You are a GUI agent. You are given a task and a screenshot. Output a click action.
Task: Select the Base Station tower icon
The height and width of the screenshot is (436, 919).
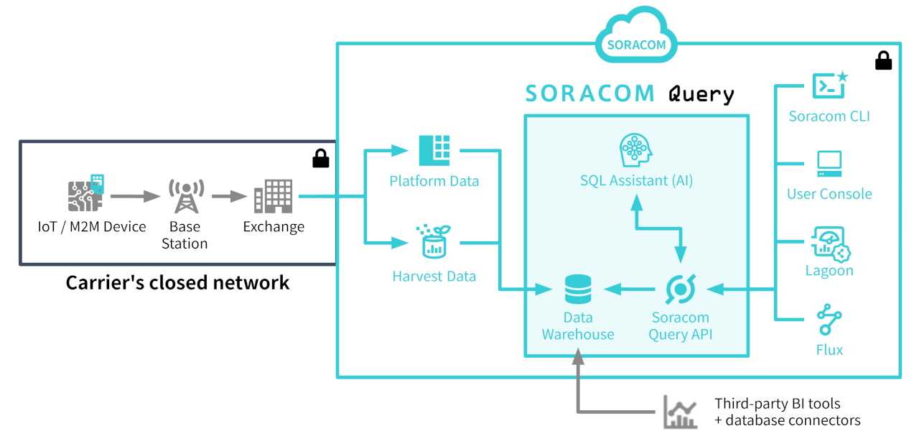click(185, 196)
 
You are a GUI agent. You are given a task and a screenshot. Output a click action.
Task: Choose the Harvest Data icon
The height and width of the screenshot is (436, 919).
click(434, 242)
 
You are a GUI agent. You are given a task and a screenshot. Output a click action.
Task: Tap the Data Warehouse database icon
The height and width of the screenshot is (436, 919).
click(578, 289)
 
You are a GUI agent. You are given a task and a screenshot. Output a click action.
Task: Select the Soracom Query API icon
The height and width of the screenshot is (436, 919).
click(680, 289)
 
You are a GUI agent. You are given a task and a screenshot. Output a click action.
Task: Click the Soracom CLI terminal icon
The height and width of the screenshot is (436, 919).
click(829, 86)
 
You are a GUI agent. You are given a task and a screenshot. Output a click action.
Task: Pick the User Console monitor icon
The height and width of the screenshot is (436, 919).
click(829, 164)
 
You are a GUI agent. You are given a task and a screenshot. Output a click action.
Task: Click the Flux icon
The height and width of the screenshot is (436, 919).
click(829, 320)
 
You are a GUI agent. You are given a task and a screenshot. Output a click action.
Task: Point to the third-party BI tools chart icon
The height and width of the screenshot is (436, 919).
click(679, 412)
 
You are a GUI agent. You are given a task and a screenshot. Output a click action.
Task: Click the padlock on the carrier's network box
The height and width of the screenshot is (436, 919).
click(321, 158)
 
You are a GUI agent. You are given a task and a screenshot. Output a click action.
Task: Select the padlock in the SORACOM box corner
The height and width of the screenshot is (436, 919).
click(883, 62)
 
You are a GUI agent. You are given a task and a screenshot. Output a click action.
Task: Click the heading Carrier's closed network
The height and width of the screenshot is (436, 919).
click(177, 283)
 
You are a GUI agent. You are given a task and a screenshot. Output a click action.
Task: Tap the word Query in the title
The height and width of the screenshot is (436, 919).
click(701, 93)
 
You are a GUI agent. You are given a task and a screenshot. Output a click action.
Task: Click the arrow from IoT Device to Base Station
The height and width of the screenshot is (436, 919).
click(135, 196)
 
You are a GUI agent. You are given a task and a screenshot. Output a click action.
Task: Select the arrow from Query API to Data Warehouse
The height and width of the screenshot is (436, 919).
click(630, 289)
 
